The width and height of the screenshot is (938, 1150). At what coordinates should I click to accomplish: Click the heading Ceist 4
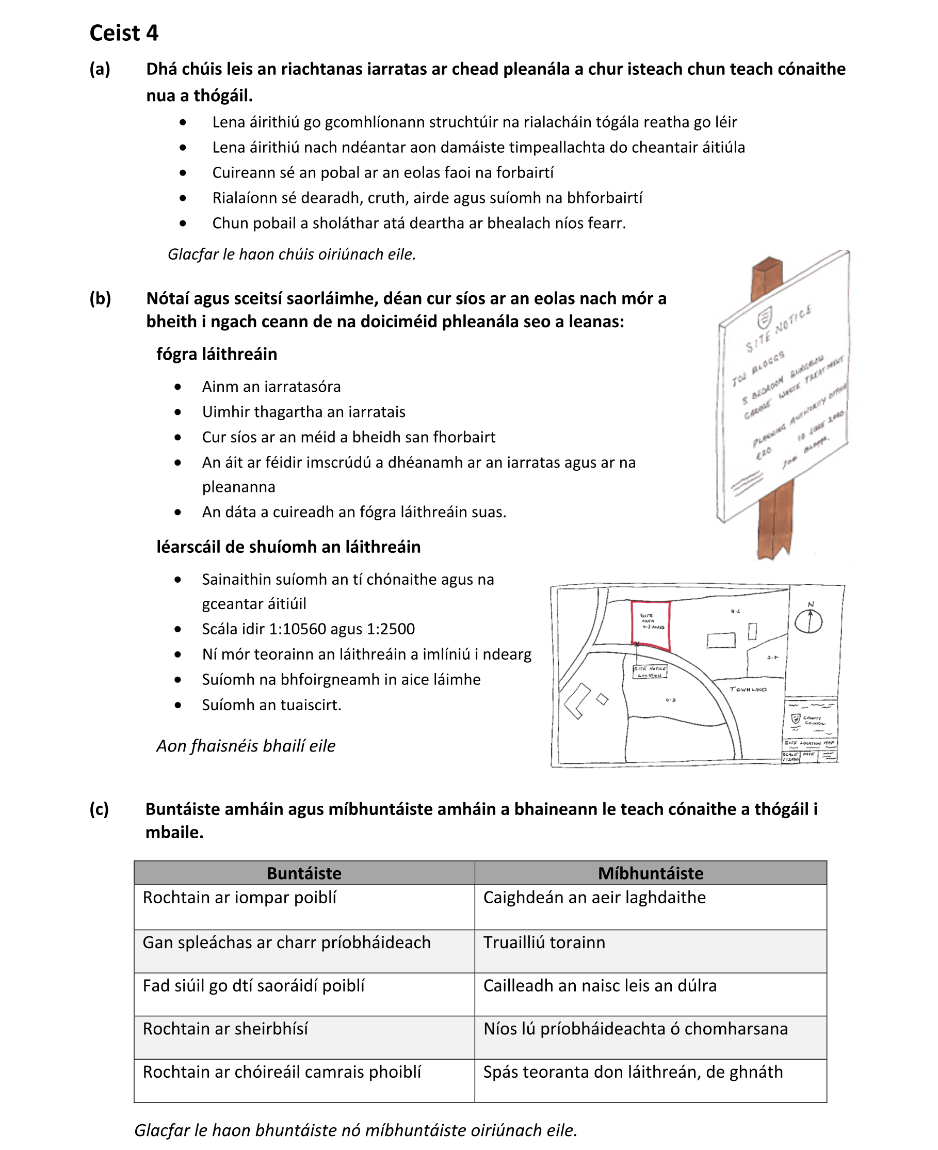[124, 33]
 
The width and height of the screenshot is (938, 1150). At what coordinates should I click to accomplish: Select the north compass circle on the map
[808, 621]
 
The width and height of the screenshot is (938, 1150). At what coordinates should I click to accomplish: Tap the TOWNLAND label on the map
[748, 690]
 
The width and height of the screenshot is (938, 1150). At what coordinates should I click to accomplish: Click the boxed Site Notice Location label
[650, 672]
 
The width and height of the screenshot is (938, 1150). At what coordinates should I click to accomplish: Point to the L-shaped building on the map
[575, 701]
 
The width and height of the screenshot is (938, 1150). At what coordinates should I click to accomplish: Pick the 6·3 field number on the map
[671, 700]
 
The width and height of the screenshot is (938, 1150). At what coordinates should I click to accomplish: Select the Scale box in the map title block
[790, 757]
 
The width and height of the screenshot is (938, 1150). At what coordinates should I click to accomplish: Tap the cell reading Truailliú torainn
[544, 942]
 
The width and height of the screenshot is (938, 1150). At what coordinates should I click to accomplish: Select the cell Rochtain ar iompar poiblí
[239, 897]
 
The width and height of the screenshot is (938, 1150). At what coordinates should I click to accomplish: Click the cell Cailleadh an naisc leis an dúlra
[600, 985]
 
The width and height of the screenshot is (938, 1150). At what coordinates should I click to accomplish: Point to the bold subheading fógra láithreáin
[217, 354]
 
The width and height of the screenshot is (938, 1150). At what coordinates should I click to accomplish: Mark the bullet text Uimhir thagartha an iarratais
[304, 412]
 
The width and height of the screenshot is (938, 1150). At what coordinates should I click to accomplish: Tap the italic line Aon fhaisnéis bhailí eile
[246, 746]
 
